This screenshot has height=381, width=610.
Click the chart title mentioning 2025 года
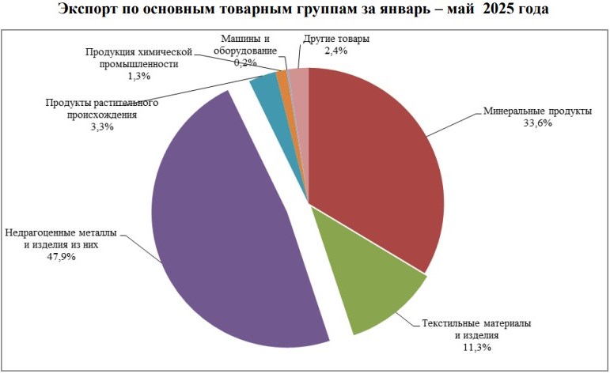coord(305,11)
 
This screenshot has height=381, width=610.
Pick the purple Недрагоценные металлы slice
coord(229,237)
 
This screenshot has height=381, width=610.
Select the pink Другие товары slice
coord(299,77)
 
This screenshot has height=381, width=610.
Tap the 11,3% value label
coord(475,347)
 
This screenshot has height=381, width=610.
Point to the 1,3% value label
coord(138,76)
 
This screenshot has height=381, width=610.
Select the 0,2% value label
coord(245,62)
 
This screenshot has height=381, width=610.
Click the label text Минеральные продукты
coord(537,111)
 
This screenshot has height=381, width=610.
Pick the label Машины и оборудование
coord(245,44)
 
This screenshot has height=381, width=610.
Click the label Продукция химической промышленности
coord(139,58)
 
